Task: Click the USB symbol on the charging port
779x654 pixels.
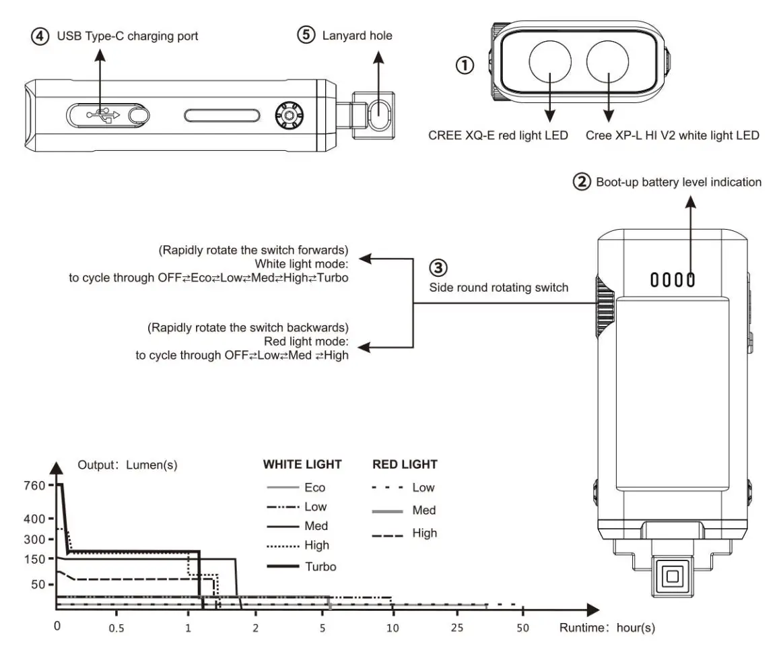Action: pos(102,115)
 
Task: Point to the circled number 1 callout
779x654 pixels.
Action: pos(465,65)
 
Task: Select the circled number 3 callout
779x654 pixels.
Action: pos(438,268)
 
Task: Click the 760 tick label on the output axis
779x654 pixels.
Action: pos(34,485)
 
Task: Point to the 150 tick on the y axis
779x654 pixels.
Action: pos(34,558)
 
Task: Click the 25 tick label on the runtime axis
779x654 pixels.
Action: pos(457,628)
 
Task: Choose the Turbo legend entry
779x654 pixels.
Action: pos(320,566)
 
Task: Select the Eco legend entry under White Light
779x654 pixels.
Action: pos(314,488)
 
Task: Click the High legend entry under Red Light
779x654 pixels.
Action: pos(424,533)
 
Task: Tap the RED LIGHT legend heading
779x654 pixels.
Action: pos(405,464)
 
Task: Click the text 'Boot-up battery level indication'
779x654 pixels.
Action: pos(679,182)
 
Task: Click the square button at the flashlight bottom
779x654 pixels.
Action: pos(672,576)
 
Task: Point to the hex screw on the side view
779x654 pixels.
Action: pos(290,116)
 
